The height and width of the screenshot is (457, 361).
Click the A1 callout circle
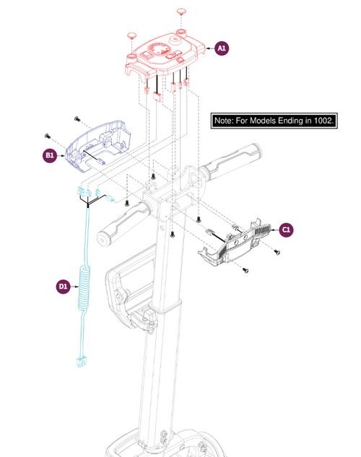click(x=222, y=48)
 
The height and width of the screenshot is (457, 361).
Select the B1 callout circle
click(x=50, y=156)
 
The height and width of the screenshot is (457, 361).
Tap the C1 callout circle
click(x=286, y=230)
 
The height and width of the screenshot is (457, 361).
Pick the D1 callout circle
click(x=64, y=287)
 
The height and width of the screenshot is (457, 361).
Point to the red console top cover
click(x=165, y=56)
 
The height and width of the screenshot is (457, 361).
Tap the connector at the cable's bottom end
click(x=80, y=362)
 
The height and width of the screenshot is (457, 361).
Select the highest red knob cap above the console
click(x=181, y=12)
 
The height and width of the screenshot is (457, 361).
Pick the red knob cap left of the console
click(x=131, y=36)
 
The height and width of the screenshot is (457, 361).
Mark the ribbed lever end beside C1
click(x=263, y=230)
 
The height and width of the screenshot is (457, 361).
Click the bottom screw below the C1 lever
click(x=245, y=271)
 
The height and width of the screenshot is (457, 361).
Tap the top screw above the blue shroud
click(x=77, y=118)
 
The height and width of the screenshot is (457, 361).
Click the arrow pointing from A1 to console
click(x=210, y=48)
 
